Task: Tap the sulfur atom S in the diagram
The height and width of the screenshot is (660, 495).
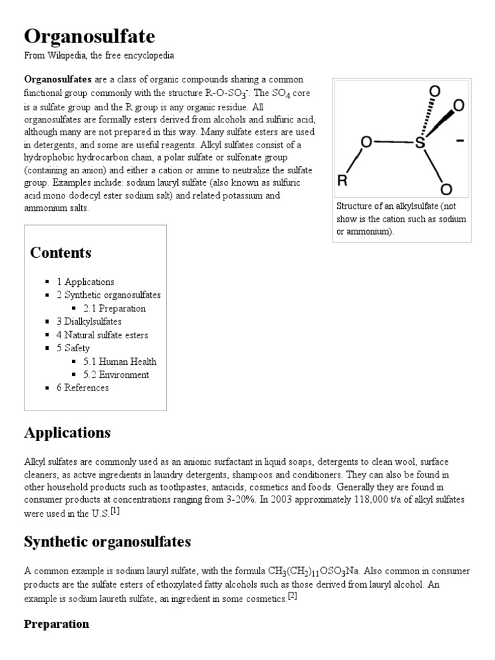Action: [420, 142]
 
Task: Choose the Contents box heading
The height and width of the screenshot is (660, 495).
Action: [61, 253]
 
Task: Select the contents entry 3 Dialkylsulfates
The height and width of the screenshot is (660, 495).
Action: [93, 322]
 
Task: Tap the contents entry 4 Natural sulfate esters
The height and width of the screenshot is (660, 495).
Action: [106, 335]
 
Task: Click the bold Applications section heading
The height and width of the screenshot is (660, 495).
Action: [67, 432]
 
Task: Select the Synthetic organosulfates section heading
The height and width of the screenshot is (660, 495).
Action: [107, 541]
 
